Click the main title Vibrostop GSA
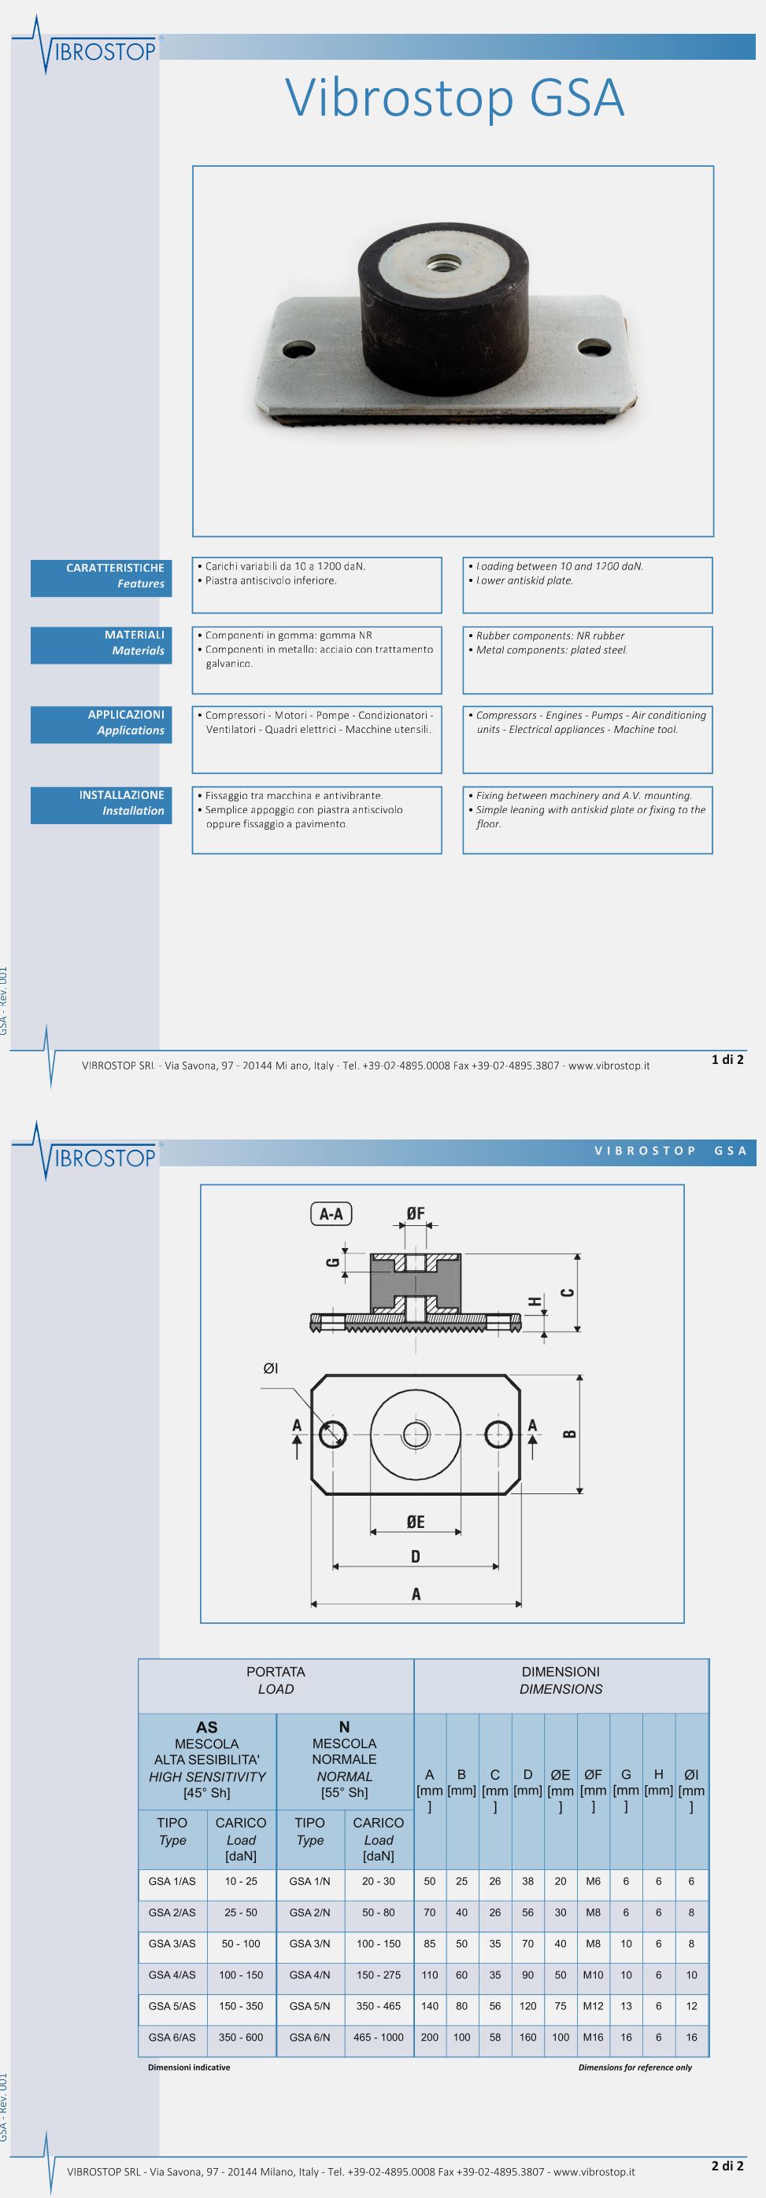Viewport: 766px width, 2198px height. coord(455,98)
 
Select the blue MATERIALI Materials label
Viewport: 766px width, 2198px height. coord(102,643)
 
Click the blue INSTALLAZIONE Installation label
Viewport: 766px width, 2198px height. coord(102,803)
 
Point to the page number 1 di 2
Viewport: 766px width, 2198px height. coord(727,1060)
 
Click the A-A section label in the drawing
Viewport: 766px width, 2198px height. coord(331,1214)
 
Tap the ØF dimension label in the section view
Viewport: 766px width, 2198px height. coord(416,1213)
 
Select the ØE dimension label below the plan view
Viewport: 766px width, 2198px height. coord(415,1522)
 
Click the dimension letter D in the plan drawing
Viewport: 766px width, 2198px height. coord(415,1557)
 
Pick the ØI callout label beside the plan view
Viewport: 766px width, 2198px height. coord(271,1369)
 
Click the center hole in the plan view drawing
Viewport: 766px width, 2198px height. coord(416,1434)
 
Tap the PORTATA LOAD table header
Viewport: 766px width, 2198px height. coord(276,1680)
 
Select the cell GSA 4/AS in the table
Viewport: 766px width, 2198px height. coord(172,1975)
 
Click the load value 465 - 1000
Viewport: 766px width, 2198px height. coord(379,2038)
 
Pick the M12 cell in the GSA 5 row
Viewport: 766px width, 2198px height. coord(593,2006)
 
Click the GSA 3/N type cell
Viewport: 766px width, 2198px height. coord(309,1944)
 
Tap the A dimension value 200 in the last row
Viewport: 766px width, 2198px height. coord(430,2038)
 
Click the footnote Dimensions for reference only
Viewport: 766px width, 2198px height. coord(635,2067)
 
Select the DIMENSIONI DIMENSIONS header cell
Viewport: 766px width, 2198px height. coord(561,1680)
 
